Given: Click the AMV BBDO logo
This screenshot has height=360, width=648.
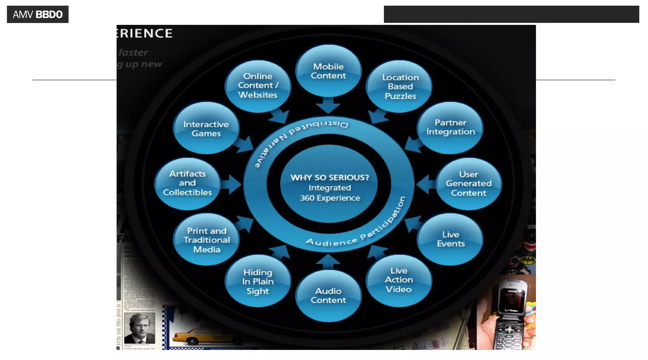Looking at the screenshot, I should pyautogui.click(x=38, y=14).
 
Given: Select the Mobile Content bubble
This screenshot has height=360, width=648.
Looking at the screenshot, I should pyautogui.click(x=328, y=71).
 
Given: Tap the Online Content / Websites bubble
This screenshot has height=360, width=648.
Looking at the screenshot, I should pyautogui.click(x=258, y=86).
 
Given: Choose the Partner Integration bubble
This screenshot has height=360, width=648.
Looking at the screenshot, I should pyautogui.click(x=450, y=127).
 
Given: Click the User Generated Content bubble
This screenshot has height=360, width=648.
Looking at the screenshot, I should pyautogui.click(x=468, y=183).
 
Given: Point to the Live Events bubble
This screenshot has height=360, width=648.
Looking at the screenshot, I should pyautogui.click(x=450, y=239).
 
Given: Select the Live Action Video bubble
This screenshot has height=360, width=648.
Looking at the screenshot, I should pyautogui.click(x=399, y=280).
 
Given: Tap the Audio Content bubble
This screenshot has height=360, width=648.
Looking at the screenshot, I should pyautogui.click(x=328, y=295).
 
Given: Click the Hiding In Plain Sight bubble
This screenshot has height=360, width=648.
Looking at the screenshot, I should pyautogui.click(x=258, y=281).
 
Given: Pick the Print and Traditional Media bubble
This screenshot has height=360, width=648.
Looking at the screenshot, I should pyautogui.click(x=206, y=240).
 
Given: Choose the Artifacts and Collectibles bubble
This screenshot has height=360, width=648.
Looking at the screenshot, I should pyautogui.click(x=187, y=183).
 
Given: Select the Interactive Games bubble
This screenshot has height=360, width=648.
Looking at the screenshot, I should pyautogui.click(x=206, y=128).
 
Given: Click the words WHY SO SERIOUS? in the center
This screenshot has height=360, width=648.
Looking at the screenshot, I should pyautogui.click(x=329, y=177).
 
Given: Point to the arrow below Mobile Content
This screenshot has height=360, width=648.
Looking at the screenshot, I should pyautogui.click(x=328, y=105).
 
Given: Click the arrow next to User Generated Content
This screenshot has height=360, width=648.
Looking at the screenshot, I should pyautogui.click(x=426, y=184).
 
